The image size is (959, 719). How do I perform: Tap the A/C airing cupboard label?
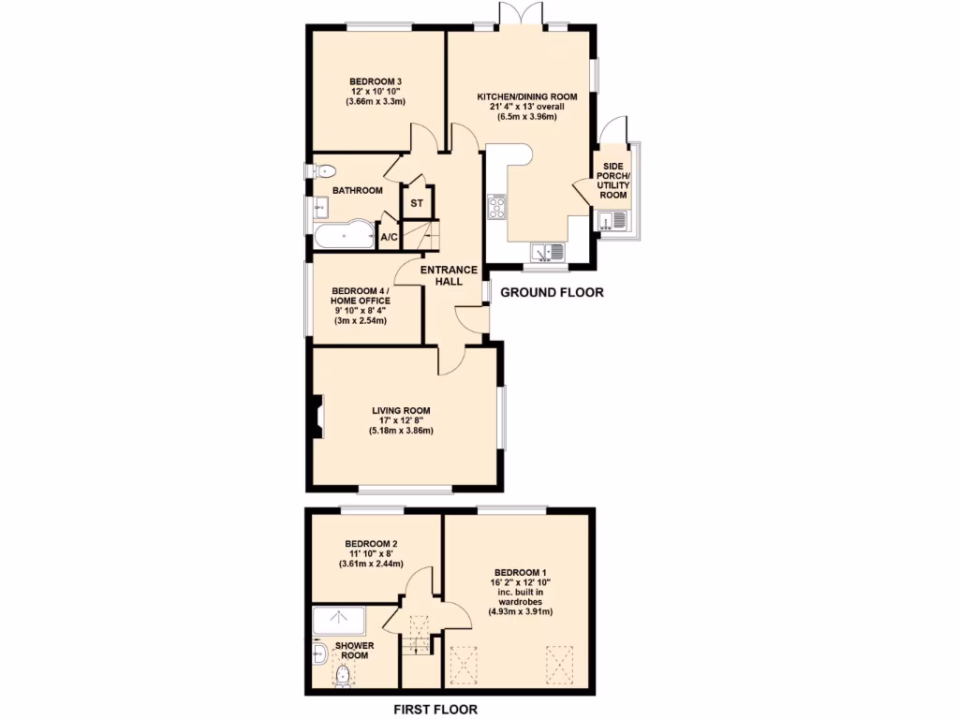coord(389,238)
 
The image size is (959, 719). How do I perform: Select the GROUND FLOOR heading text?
coord(552,293)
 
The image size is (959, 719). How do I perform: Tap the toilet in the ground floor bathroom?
coord(323,171)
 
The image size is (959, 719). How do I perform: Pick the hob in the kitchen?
coord(496,207)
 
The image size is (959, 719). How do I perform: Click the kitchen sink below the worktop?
coord(546,251)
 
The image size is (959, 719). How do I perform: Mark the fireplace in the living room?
coord(318,418)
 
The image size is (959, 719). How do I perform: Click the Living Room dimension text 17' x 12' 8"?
coord(401,420)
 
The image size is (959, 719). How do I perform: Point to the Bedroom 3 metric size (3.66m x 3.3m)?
coord(376,102)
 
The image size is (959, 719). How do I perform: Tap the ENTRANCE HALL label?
coord(450,275)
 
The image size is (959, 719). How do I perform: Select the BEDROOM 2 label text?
coord(371,544)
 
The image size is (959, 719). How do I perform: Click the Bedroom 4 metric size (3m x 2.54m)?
coord(361,321)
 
